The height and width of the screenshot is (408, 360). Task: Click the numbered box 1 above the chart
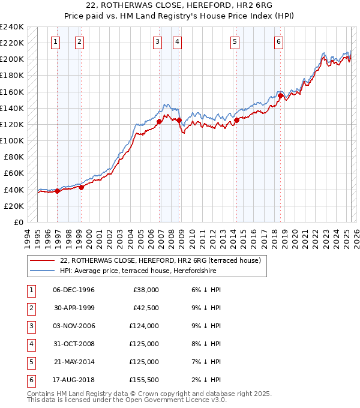55,41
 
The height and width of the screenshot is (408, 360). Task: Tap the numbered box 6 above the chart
279,41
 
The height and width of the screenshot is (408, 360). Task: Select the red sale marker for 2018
280,95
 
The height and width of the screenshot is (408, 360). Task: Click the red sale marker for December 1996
57,191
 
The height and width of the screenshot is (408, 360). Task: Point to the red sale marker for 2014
236,120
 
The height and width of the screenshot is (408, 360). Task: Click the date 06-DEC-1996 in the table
74,290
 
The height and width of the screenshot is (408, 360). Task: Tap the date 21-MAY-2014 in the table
74,362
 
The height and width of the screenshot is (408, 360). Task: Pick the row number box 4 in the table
30,344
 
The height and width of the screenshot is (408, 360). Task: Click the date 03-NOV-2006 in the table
74,326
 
